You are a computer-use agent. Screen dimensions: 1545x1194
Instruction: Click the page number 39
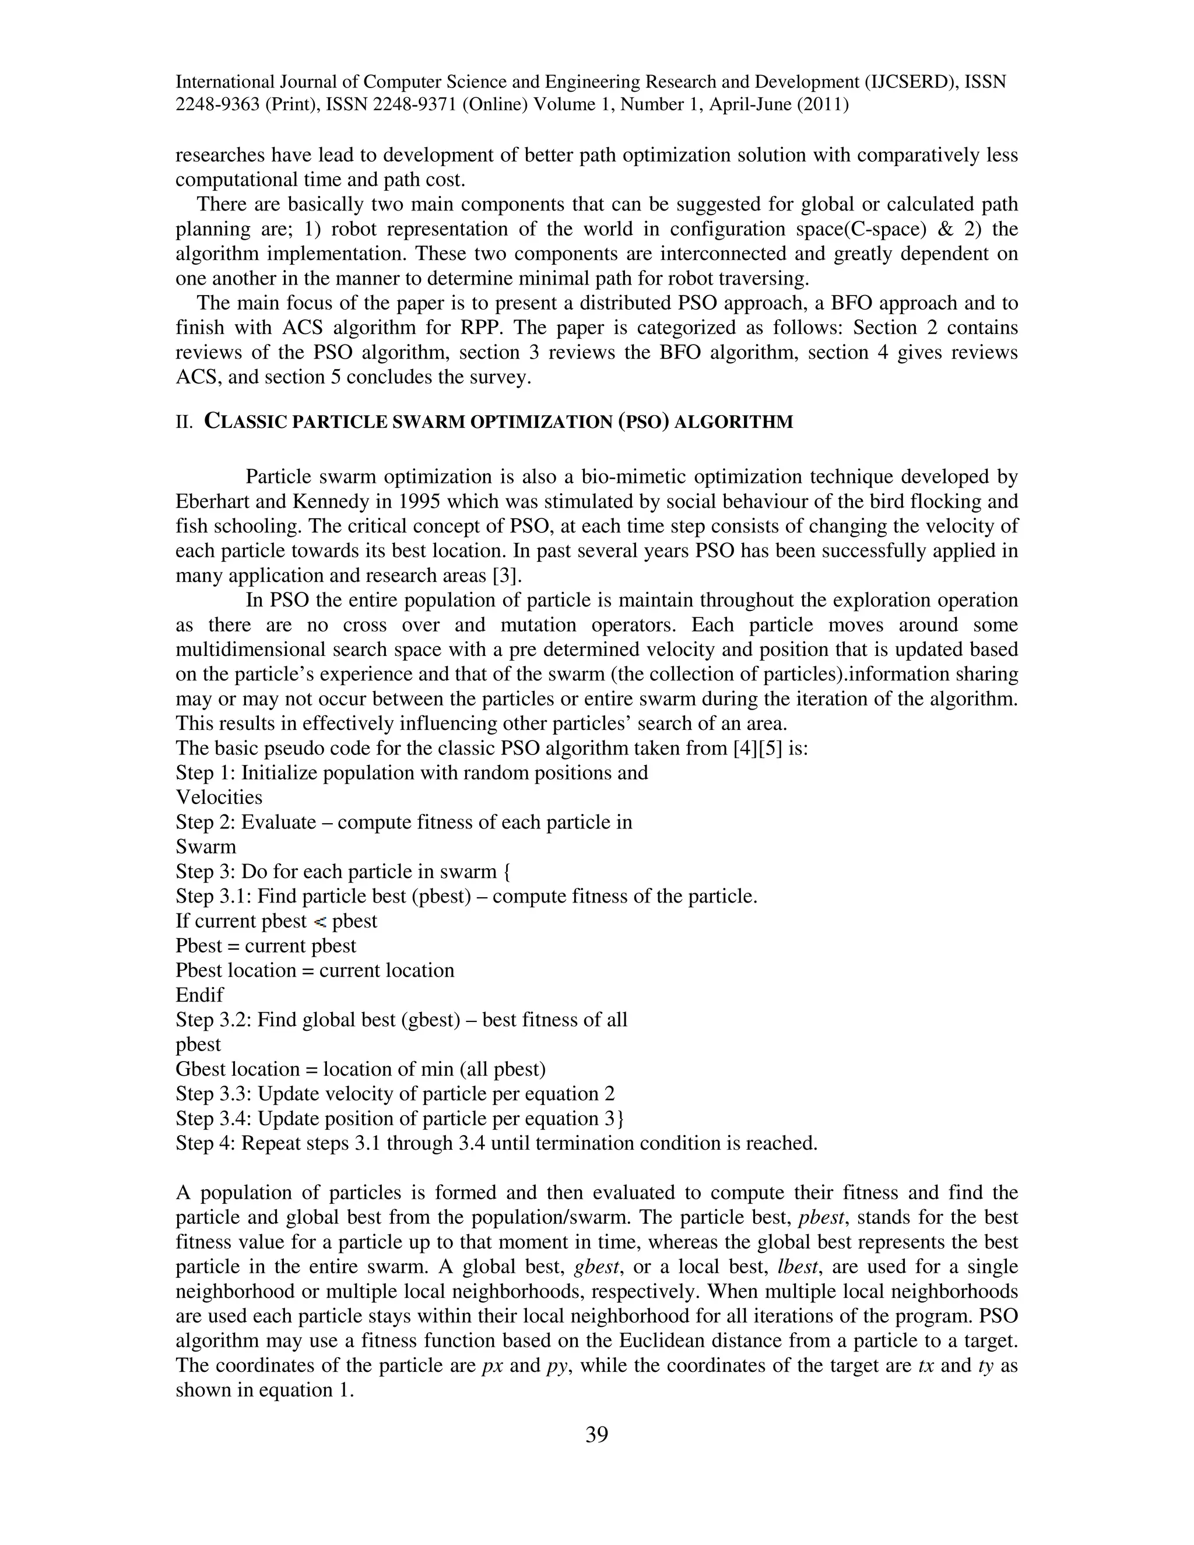[596, 1435]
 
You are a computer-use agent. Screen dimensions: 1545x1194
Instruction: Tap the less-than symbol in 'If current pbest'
[319, 922]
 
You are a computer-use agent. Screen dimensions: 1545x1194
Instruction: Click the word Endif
[199, 995]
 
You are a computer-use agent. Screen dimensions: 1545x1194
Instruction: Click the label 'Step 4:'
[206, 1143]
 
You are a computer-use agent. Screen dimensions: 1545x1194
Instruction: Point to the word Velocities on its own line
[219, 797]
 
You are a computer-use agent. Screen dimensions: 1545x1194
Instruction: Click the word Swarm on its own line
[206, 847]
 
